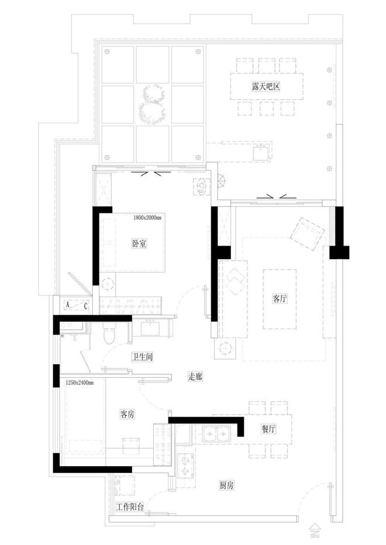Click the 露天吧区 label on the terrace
pos(266,86)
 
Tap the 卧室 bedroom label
pos(139,243)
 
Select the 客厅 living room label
pos(280,298)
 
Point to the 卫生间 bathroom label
pos(142,357)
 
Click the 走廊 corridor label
pos(195,376)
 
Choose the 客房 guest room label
pos(127,414)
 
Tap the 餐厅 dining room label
pos(268,429)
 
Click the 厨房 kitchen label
pos(226,485)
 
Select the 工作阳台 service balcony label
pos(130,507)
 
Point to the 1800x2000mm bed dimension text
pos(147,218)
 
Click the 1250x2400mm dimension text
pos(80,382)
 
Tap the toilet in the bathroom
pos(109,333)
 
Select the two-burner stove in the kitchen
pos(184,465)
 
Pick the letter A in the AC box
pos(68,305)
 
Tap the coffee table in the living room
pos(280,299)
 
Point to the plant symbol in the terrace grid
pos(153,104)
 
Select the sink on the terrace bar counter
pos(261,153)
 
